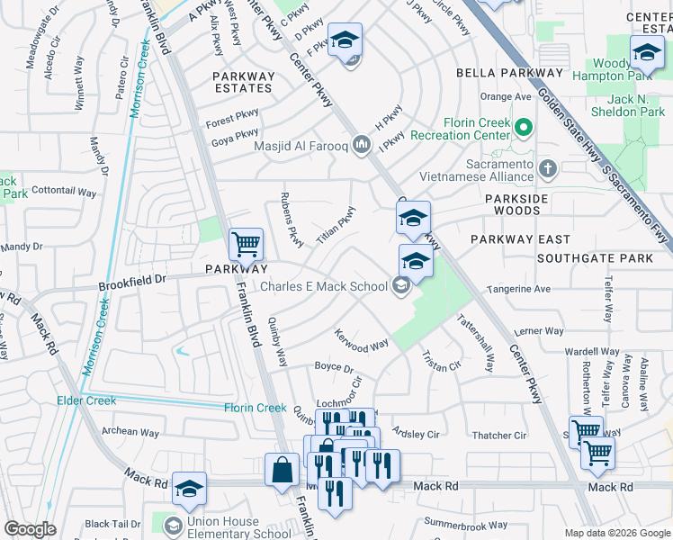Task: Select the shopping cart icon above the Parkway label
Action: [245, 243]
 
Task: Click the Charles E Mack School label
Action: [323, 287]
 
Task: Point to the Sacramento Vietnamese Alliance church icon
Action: [546, 168]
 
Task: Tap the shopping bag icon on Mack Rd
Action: [283, 469]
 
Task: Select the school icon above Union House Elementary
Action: [190, 489]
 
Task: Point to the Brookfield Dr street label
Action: [132, 281]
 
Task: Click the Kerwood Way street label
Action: [361, 345]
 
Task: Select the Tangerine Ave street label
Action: [517, 289]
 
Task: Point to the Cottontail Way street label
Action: [63, 192]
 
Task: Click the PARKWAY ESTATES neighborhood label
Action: [243, 82]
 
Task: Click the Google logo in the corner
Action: [30, 529]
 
